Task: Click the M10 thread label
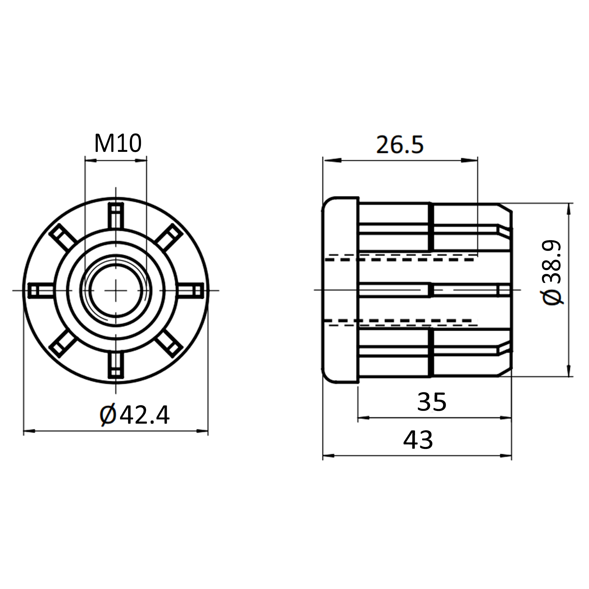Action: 118,144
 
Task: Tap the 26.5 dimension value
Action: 400,144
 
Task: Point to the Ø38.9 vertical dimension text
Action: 552,272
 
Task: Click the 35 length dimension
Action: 432,402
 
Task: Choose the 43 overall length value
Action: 418,440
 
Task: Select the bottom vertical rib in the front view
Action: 116,365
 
